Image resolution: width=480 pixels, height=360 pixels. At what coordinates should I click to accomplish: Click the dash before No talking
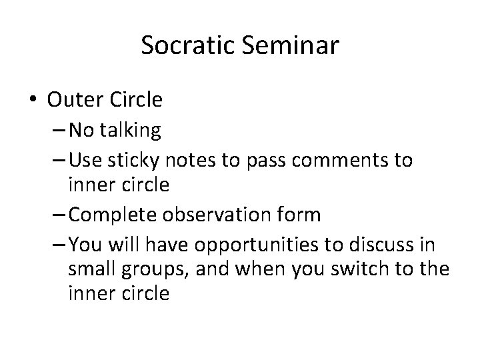click(58, 131)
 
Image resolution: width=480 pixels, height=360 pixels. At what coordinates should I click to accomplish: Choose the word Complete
click(113, 214)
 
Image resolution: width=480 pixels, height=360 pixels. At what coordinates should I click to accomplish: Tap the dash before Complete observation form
click(58, 215)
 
